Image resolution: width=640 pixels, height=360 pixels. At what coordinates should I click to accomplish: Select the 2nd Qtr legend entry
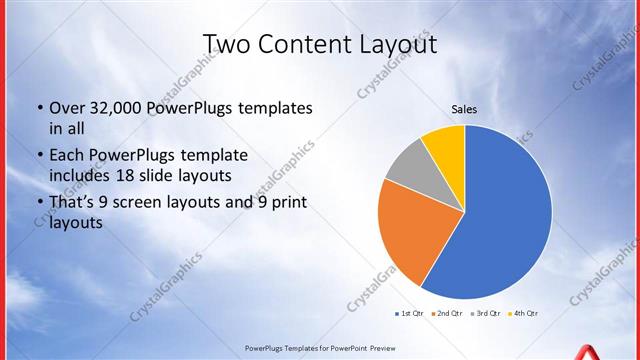[x=446, y=314]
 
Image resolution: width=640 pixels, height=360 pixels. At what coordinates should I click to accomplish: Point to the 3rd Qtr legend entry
[x=485, y=314]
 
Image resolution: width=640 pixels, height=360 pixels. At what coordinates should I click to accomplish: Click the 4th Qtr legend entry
[x=523, y=314]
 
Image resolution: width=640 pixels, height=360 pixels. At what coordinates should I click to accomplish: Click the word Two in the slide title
[x=227, y=44]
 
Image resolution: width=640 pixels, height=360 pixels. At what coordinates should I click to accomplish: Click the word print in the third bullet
[x=287, y=204]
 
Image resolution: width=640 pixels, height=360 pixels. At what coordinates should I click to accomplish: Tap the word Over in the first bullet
[x=65, y=108]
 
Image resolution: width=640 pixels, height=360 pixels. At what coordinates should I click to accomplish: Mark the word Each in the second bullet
[x=66, y=156]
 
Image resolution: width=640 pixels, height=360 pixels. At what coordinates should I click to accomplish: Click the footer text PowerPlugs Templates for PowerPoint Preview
[x=321, y=349]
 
